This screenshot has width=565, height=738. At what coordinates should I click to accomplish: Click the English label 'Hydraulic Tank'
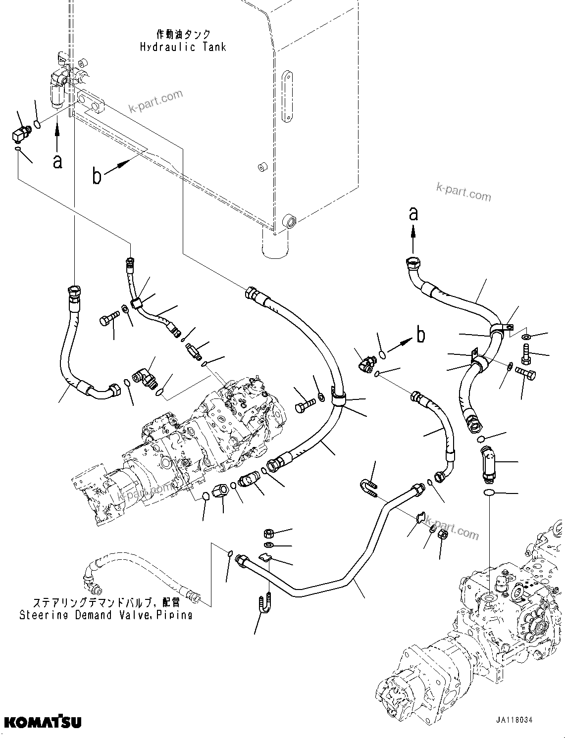(x=183, y=48)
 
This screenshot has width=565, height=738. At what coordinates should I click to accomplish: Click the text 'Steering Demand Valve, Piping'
(x=105, y=615)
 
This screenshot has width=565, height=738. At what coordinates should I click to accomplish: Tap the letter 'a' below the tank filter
(x=57, y=161)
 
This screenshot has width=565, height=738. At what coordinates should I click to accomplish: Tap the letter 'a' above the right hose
(x=413, y=213)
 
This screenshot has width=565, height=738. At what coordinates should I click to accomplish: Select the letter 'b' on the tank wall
(x=97, y=176)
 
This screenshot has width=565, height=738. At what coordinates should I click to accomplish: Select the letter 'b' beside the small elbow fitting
(x=420, y=335)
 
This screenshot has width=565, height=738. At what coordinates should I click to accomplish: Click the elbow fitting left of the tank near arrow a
(x=22, y=133)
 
